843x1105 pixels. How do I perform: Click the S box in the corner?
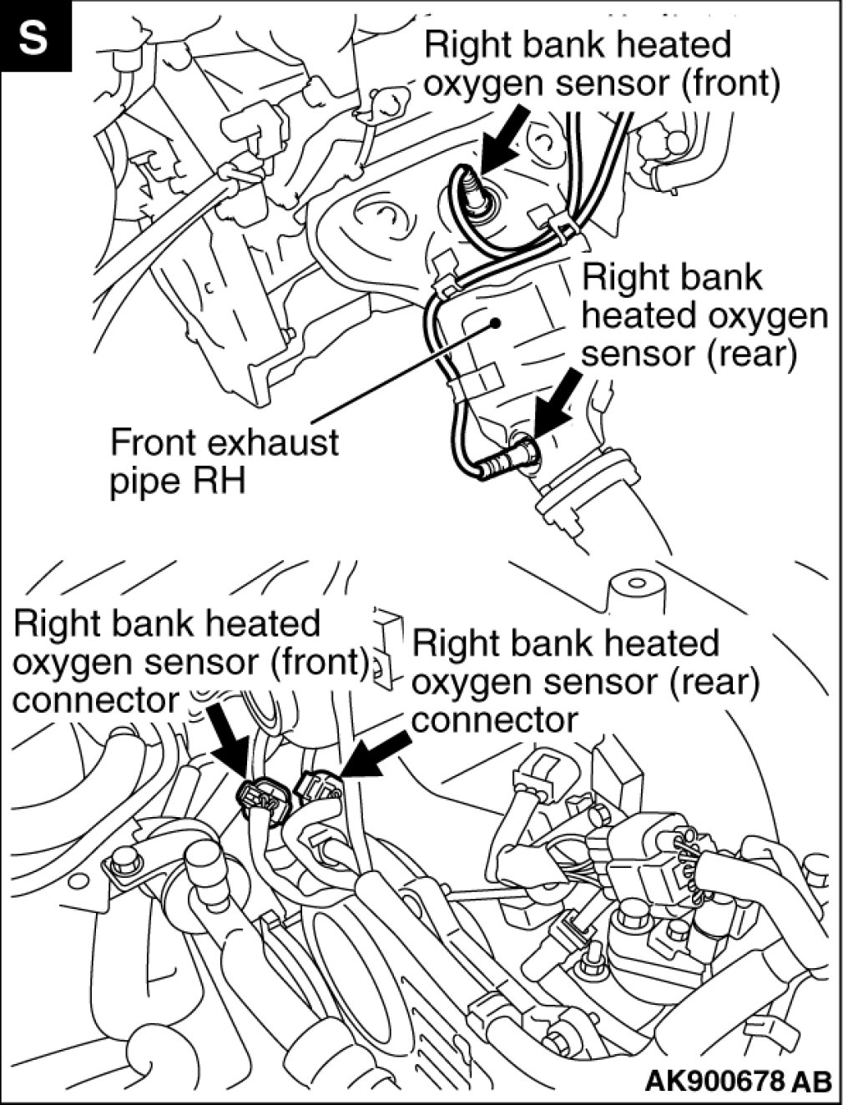click(33, 37)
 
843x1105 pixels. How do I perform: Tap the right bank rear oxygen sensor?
click(511, 457)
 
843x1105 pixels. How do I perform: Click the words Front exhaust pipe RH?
click(224, 461)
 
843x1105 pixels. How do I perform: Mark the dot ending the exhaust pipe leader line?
click(496, 322)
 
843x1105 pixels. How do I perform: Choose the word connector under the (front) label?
click(95, 699)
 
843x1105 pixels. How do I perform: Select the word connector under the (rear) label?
click(494, 719)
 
